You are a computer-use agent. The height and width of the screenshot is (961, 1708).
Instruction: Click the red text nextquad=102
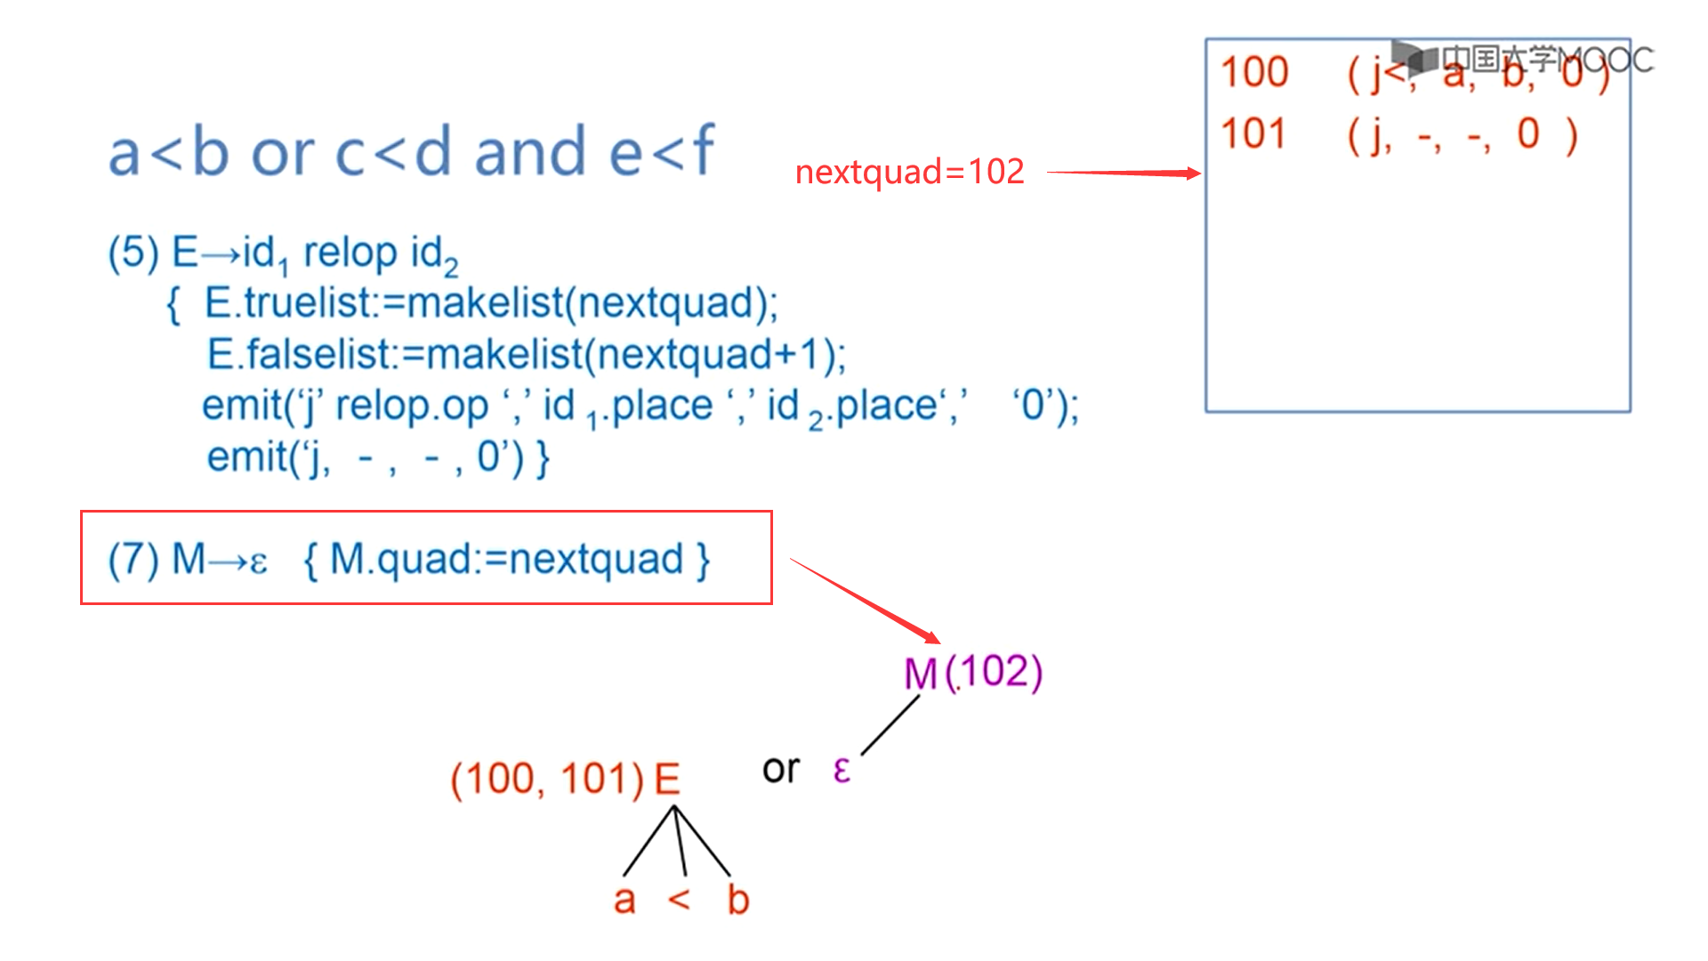(x=909, y=172)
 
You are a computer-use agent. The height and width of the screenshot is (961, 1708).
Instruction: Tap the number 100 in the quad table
(x=1254, y=72)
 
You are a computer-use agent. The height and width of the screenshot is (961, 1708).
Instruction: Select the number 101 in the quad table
(x=1253, y=134)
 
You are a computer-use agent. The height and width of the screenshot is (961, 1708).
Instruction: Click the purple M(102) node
(x=972, y=672)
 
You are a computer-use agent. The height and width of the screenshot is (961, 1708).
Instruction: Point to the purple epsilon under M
(x=842, y=770)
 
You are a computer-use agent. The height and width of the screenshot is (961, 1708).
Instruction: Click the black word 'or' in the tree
(x=781, y=769)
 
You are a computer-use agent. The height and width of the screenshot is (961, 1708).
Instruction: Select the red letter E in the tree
(x=667, y=779)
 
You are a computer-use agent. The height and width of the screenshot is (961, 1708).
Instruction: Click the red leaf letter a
(x=624, y=900)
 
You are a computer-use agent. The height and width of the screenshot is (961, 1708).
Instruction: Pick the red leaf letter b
(x=737, y=900)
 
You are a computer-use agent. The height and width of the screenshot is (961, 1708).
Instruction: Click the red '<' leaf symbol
(x=679, y=900)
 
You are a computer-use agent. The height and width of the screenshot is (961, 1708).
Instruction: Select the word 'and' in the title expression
(x=530, y=151)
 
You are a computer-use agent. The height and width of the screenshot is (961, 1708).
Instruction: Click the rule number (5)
(x=133, y=253)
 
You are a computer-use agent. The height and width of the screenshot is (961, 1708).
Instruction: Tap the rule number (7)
(x=133, y=560)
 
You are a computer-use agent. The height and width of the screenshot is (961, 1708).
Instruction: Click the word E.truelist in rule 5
(x=286, y=303)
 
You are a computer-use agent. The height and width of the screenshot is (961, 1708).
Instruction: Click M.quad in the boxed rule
(x=400, y=560)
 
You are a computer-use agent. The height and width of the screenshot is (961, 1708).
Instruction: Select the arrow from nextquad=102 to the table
(x=1124, y=173)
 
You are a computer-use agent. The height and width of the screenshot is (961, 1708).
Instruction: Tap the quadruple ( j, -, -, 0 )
(x=1462, y=134)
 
